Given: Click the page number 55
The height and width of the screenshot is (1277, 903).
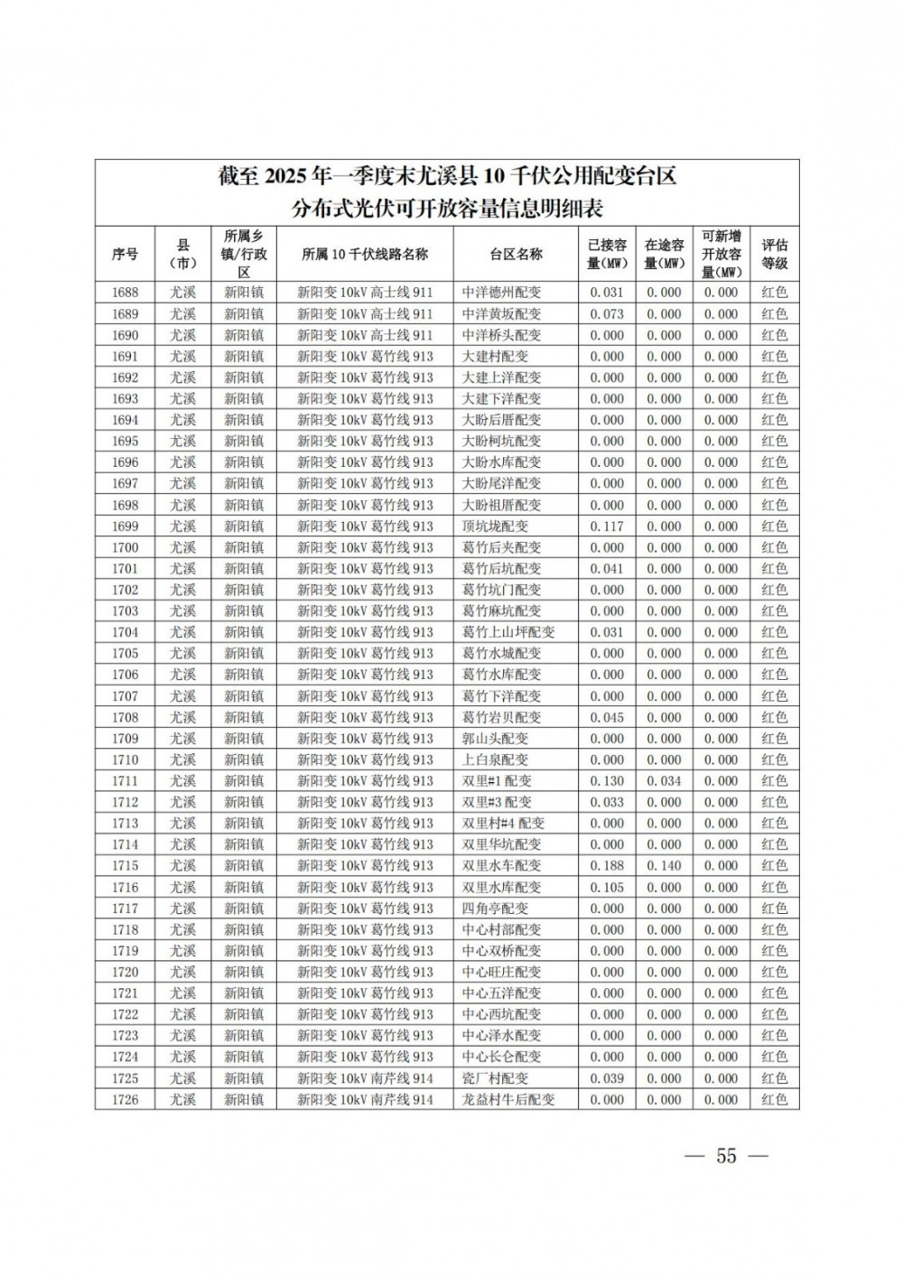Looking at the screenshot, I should point(726,1156).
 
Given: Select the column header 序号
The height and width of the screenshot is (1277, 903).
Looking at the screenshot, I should point(125,254).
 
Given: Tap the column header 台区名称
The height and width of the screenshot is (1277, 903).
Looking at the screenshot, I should point(516,254).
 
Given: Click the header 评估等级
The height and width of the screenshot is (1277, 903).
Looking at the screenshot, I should point(774,254).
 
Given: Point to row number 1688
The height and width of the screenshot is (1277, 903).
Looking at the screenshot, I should point(125,293).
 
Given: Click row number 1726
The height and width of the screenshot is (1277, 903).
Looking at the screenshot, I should point(125,1099).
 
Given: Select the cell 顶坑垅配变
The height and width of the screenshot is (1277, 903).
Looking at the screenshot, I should point(495,526).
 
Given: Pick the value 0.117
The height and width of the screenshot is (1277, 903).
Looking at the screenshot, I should point(607,526).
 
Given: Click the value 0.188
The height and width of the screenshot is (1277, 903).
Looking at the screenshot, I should point(607,865).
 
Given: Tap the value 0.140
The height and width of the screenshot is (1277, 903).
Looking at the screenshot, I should point(664,865).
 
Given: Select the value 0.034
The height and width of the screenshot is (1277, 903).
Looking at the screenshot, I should point(664,780).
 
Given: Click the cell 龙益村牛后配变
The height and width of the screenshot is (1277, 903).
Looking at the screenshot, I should point(507,1099).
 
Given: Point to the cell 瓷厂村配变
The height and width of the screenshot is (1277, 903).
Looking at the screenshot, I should point(495,1078).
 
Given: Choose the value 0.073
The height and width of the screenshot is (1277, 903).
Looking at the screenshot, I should point(607,313).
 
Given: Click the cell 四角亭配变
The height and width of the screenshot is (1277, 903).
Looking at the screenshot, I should point(495,909).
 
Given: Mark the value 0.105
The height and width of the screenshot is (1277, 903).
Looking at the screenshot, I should point(607,887).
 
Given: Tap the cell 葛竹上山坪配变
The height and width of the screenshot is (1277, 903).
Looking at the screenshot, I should point(507,632).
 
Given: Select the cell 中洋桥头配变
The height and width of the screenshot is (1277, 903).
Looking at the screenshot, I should point(501,335).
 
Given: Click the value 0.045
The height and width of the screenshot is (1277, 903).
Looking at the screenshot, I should point(607,717).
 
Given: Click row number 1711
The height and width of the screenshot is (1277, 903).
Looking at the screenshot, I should point(125,780).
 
